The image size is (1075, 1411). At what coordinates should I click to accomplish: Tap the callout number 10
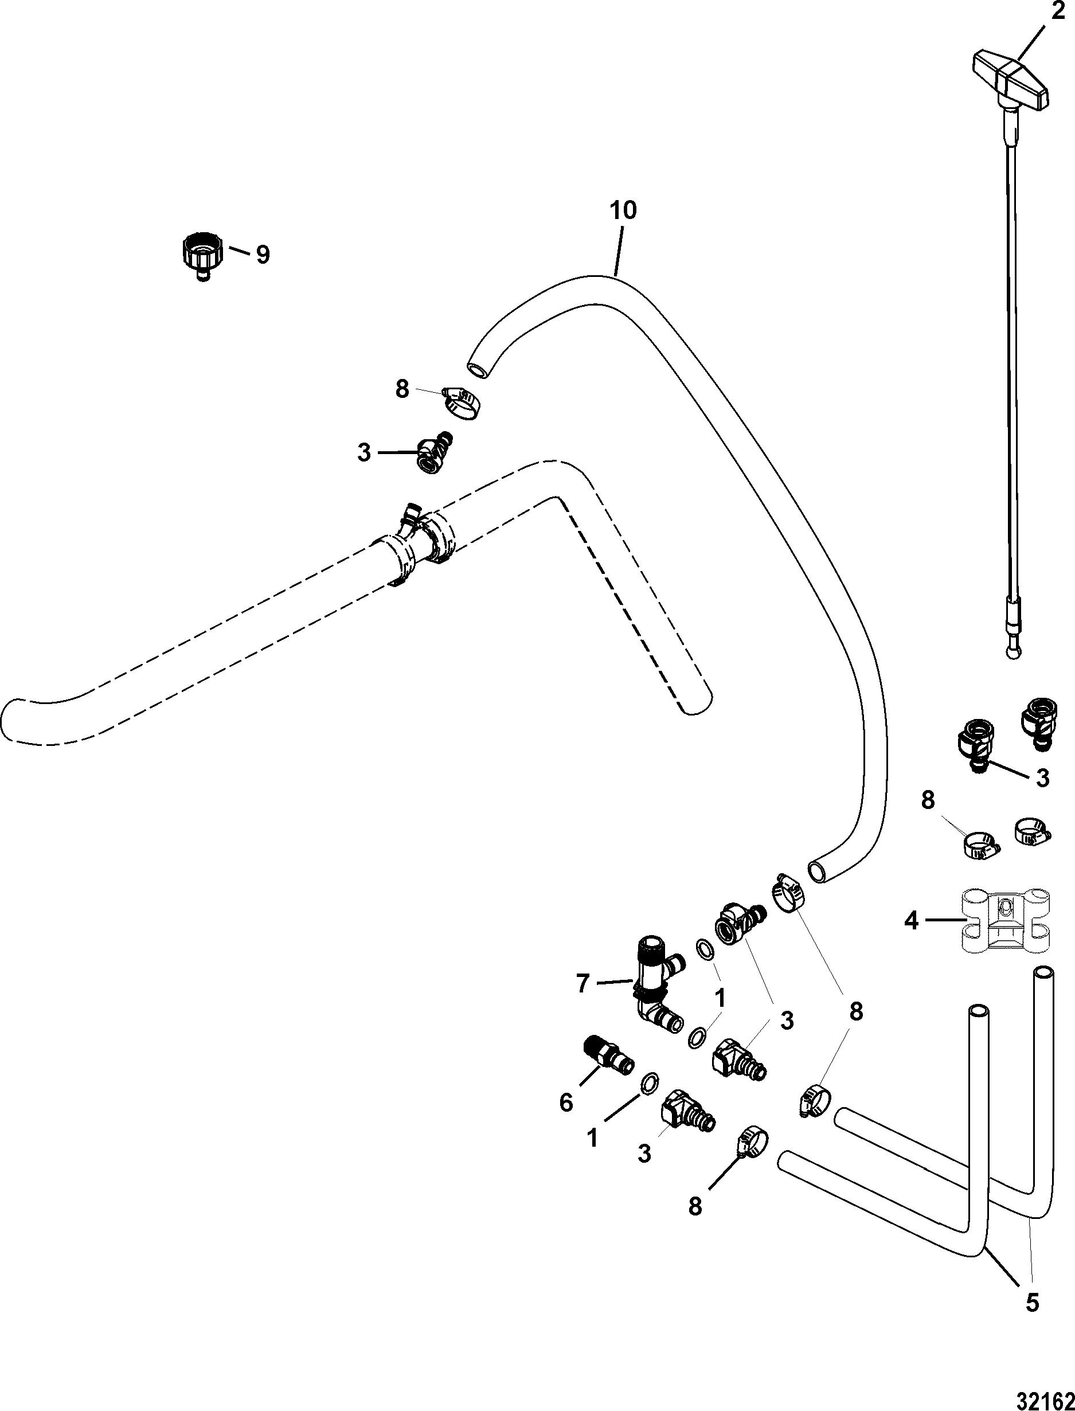pos(623,210)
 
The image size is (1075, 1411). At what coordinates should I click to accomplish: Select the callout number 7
pos(582,983)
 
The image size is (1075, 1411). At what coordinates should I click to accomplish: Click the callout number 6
pos(566,1103)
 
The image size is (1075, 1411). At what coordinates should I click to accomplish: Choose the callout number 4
pos(911,921)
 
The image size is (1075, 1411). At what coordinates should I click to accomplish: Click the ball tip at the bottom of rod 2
pos(1013,652)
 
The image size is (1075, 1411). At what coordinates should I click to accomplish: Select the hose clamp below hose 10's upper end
pos(462,403)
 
